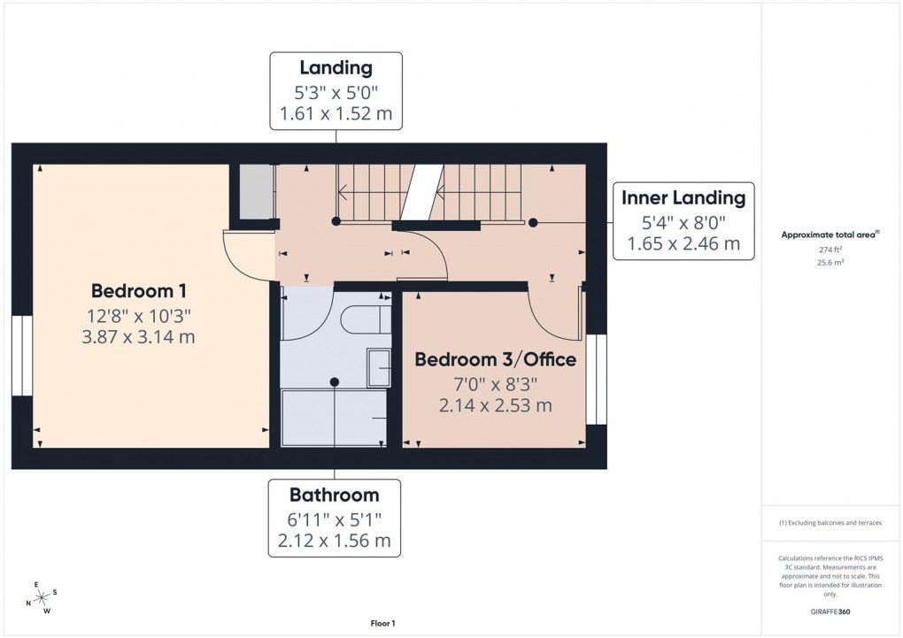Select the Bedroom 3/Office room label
pyautogui.click(x=495, y=359)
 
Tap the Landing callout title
pyautogui.click(x=336, y=68)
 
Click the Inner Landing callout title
pyautogui.click(x=683, y=197)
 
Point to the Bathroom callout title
pyautogui.click(x=334, y=495)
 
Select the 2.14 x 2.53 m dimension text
pyautogui.click(x=495, y=405)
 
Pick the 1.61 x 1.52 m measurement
pyautogui.click(x=336, y=114)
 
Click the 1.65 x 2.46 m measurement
pyautogui.click(x=683, y=243)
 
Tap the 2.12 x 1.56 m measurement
pyautogui.click(x=334, y=541)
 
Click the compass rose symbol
pyautogui.click(x=40, y=598)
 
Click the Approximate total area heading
pyautogui.click(x=830, y=234)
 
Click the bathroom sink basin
pyautogui.click(x=379, y=367)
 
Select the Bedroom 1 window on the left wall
pyautogui.click(x=21, y=355)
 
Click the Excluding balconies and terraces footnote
pyautogui.click(x=830, y=523)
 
